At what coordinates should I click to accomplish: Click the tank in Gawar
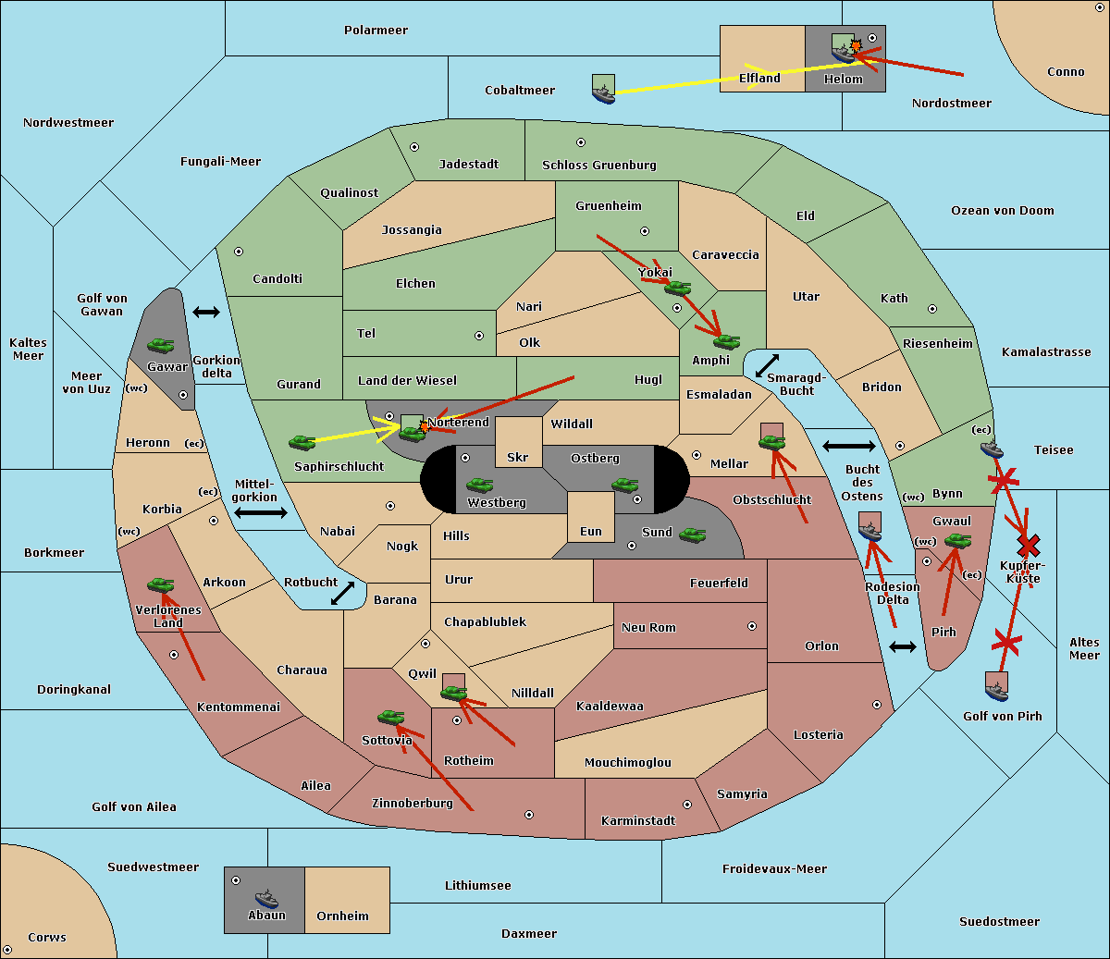click(161, 345)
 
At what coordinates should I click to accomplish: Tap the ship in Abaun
click(266, 898)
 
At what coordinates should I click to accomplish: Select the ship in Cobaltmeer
click(603, 92)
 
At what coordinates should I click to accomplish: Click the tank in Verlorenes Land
click(161, 584)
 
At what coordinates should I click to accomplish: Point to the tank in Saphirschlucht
click(302, 443)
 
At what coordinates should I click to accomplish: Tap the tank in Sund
click(693, 535)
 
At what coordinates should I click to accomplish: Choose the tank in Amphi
click(726, 342)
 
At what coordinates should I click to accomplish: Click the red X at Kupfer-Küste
click(1028, 545)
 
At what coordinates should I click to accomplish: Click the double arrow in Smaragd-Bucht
click(768, 366)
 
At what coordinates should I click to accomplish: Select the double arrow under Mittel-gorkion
click(261, 512)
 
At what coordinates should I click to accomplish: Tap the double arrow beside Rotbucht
click(343, 594)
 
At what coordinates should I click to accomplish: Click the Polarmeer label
click(376, 31)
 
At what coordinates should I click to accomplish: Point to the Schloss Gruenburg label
click(599, 166)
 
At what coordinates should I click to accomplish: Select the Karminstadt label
click(638, 821)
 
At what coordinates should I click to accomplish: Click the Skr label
click(518, 457)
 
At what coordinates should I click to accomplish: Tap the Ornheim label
click(342, 916)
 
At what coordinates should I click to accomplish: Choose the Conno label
click(1066, 72)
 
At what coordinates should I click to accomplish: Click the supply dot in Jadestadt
click(414, 146)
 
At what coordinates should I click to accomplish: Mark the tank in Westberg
click(479, 485)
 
